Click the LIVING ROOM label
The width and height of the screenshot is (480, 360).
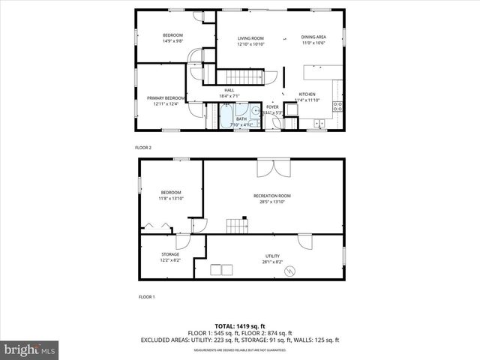pos(250,37)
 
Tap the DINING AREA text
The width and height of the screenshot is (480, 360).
pos(313,37)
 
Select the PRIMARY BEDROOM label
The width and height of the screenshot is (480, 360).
pos(166,98)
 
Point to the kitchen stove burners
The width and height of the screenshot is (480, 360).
pos(337,105)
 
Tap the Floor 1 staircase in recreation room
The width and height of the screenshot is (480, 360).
pos(238,225)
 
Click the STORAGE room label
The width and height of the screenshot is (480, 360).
pos(169,254)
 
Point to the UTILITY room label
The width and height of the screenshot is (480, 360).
pos(271,256)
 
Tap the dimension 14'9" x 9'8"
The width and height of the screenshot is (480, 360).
pos(173,42)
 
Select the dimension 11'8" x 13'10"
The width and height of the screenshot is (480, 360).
pos(170,199)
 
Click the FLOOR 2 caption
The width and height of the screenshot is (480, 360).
pos(142,148)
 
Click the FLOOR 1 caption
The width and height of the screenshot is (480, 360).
pos(146,297)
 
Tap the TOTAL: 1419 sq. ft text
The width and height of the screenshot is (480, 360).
pos(239,326)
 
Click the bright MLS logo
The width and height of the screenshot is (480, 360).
pos(30,349)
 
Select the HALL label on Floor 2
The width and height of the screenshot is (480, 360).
pos(229,90)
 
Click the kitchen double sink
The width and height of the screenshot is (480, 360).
pos(321,123)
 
